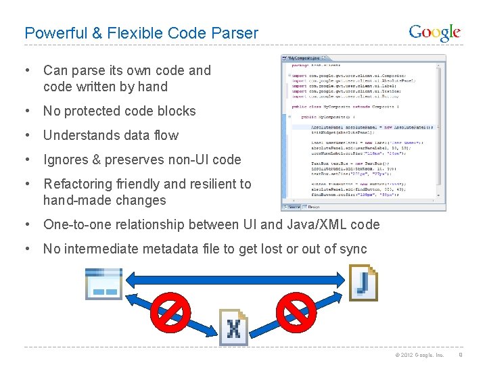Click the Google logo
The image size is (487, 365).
point(434,32)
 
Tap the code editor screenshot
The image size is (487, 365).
point(363,132)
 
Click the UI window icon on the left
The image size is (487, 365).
point(103,284)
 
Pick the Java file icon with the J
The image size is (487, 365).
point(363,282)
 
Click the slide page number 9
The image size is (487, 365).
point(461,355)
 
